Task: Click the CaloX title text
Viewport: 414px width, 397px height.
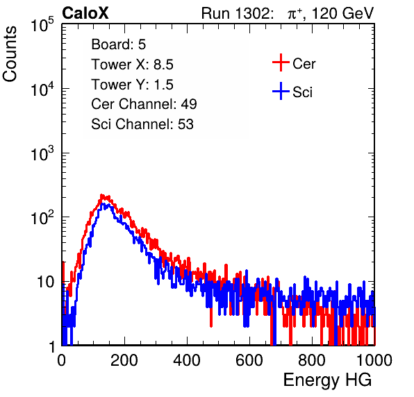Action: (x=85, y=13)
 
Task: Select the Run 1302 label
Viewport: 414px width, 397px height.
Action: (x=237, y=13)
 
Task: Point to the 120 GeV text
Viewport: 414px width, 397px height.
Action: (x=342, y=13)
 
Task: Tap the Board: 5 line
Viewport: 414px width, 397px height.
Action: (x=118, y=44)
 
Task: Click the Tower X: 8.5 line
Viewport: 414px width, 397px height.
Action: (x=132, y=65)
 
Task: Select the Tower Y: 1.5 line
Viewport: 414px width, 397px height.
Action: (x=132, y=85)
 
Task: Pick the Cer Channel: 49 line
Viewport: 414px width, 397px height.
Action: (x=144, y=104)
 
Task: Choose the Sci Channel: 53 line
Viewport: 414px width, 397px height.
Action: (x=142, y=124)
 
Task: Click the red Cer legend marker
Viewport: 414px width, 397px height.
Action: (x=281, y=62)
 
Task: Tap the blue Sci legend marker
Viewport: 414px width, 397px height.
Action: (x=281, y=92)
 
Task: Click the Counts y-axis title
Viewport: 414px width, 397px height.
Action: (x=10, y=54)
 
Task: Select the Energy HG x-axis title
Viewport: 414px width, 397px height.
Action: (x=327, y=380)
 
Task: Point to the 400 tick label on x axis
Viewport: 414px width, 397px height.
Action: (x=187, y=360)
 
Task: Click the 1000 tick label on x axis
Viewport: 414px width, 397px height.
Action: (x=374, y=360)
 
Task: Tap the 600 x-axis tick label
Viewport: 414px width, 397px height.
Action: (x=249, y=360)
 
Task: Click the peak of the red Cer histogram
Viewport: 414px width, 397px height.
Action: (x=101, y=195)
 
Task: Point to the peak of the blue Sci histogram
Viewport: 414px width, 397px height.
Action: (x=104, y=204)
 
